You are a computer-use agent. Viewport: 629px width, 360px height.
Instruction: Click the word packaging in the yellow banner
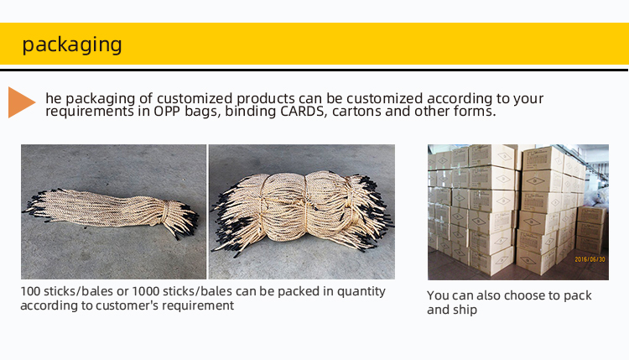[72, 44]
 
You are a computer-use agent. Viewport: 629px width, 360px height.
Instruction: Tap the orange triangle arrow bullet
[22, 102]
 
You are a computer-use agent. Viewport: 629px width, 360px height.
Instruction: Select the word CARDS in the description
[303, 111]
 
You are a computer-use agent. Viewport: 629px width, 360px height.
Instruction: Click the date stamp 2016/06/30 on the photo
[590, 259]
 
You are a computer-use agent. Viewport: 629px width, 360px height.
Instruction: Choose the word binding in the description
[250, 112]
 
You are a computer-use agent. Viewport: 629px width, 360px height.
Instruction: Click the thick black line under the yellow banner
[314, 70]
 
